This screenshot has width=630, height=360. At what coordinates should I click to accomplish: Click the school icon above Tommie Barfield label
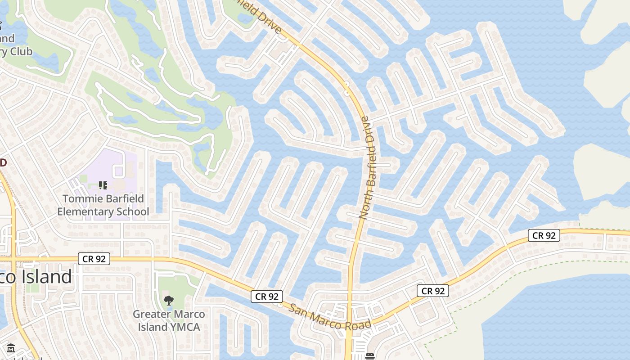[x=103, y=185]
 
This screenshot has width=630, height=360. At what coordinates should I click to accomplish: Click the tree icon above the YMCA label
[x=169, y=300]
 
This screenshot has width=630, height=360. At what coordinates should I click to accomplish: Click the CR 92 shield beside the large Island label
[x=94, y=259]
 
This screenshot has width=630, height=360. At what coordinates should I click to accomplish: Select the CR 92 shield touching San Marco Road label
[x=267, y=296]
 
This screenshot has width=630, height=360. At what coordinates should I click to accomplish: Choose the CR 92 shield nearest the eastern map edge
[x=544, y=235]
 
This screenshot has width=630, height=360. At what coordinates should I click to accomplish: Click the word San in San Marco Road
[x=297, y=310]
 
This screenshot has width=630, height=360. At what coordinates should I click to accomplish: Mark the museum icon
[x=11, y=348]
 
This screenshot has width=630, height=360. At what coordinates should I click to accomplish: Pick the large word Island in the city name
[x=45, y=276]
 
